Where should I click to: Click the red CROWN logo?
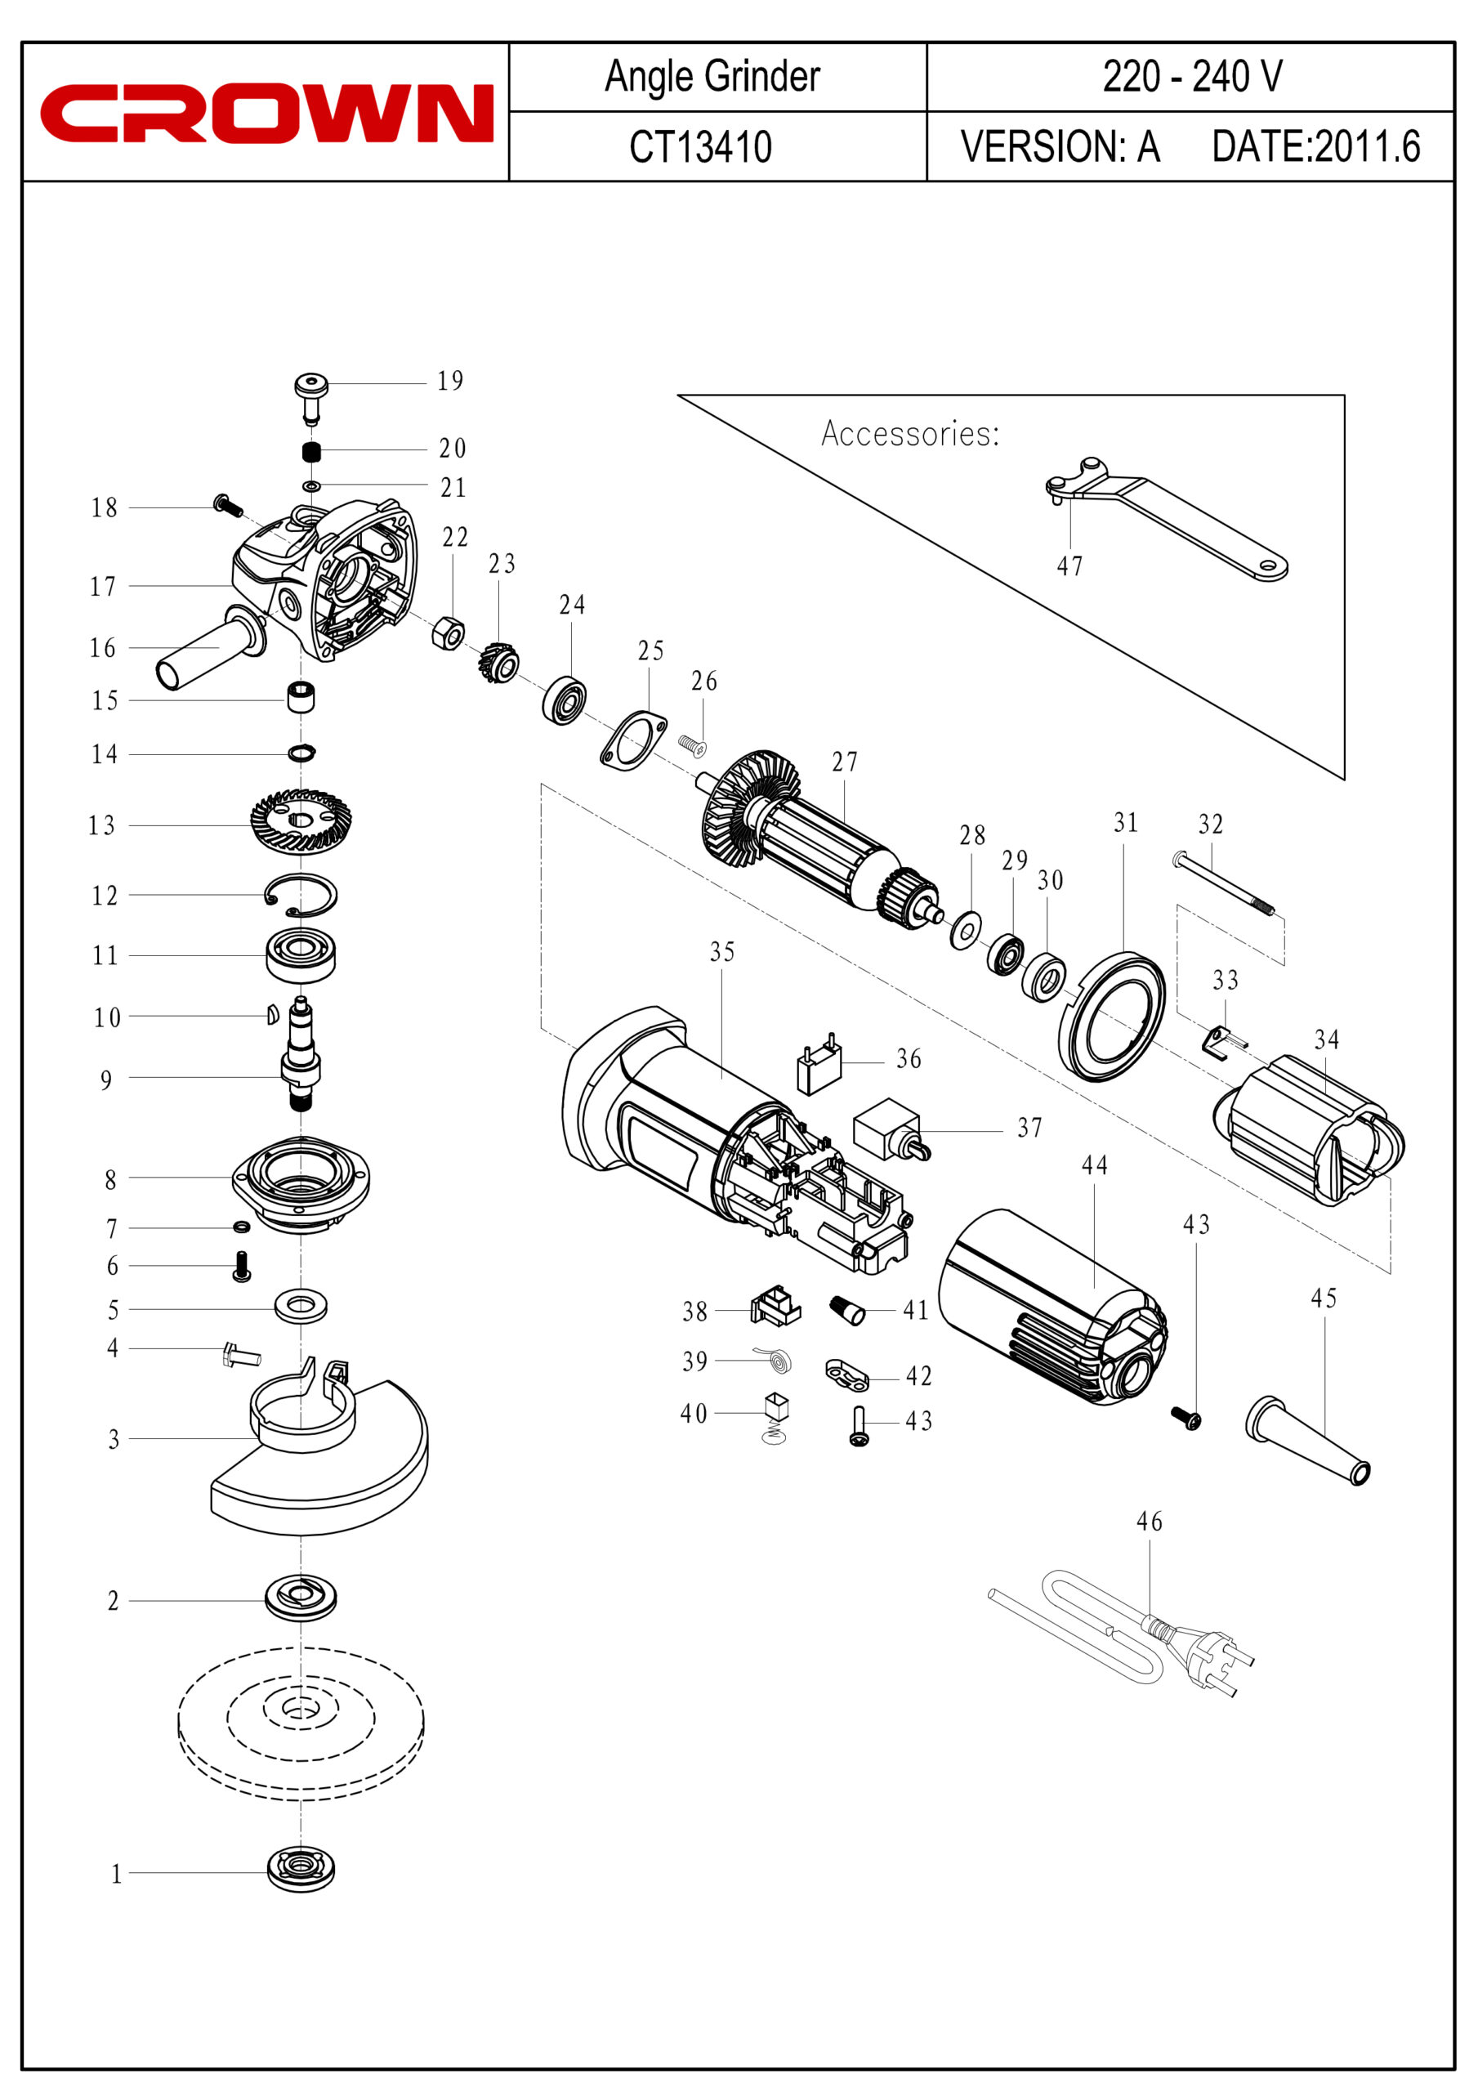pyautogui.click(x=266, y=113)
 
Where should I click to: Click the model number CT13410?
pyautogui.click(x=700, y=147)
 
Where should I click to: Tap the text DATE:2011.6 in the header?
pyautogui.click(x=1315, y=145)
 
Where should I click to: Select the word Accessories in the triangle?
pyautogui.click(x=909, y=434)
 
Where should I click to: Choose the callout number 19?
pyautogui.click(x=450, y=381)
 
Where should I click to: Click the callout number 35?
pyautogui.click(x=721, y=952)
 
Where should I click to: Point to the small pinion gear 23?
pyautogui.click(x=498, y=663)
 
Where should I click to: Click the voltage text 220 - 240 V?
pyautogui.click(x=1192, y=77)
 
